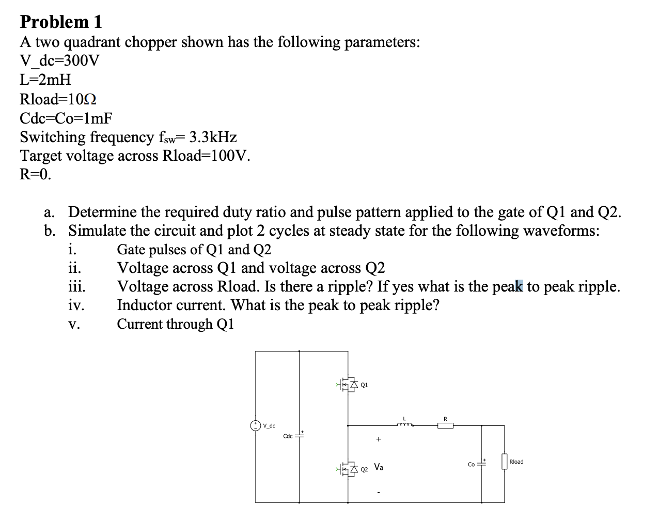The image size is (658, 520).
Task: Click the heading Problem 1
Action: point(61,22)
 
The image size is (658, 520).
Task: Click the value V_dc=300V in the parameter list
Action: point(59,61)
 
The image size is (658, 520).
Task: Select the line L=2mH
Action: point(45,80)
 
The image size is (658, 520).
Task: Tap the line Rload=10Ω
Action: point(58,99)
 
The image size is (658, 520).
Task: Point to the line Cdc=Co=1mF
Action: point(66,118)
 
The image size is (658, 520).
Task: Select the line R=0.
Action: point(36,175)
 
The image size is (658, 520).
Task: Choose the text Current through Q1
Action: point(176,324)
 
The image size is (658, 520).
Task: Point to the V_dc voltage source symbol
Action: point(255,425)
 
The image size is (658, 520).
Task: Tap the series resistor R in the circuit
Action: point(445,425)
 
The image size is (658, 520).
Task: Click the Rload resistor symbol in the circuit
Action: point(504,462)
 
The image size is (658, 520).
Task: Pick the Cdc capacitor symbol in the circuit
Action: point(300,436)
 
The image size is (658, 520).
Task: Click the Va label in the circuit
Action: point(379,467)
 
